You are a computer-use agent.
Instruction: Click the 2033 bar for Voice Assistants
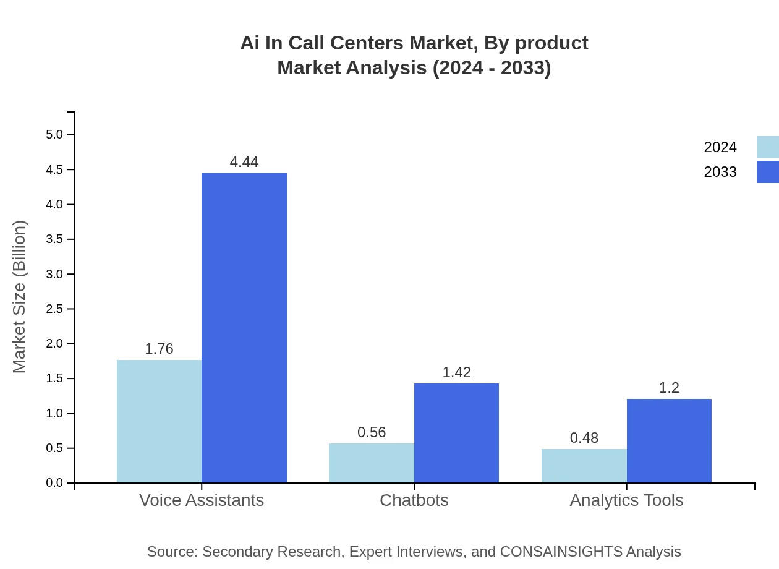point(244,328)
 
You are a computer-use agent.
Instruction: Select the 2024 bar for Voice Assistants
point(159,421)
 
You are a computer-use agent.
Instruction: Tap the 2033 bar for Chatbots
point(456,433)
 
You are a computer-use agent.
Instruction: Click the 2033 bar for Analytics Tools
point(669,440)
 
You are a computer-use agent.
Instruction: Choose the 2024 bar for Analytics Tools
point(584,466)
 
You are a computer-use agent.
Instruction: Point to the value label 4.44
point(244,162)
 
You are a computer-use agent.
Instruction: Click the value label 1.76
point(159,349)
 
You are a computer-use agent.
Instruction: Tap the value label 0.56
point(372,432)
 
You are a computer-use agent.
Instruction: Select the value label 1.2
point(669,388)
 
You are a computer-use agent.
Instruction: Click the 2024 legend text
point(720,147)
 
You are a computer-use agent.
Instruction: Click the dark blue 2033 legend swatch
point(767,172)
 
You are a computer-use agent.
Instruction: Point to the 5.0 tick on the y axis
point(54,135)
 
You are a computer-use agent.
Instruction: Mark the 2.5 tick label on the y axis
point(54,309)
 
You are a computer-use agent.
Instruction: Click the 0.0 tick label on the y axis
point(54,483)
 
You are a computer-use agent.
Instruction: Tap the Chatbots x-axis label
point(414,500)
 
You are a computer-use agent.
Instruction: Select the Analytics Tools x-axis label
point(626,500)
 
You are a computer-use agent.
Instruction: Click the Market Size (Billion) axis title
point(19,297)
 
